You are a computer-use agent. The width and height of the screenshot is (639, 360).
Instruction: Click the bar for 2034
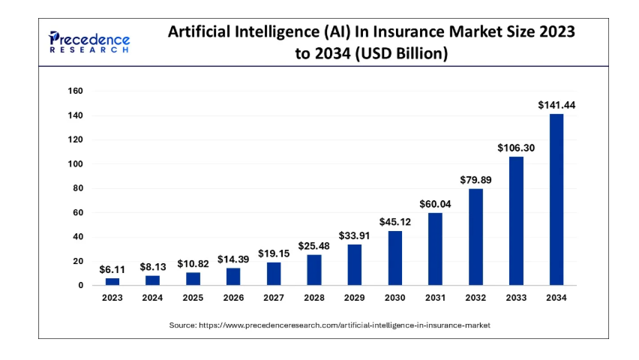pyautogui.click(x=556, y=199)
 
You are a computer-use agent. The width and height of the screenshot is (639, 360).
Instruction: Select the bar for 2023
pyautogui.click(x=112, y=281)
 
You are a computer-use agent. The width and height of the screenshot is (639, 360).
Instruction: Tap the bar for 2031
pyautogui.click(x=435, y=249)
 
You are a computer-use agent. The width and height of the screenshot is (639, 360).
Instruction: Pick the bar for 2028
pyautogui.click(x=313, y=270)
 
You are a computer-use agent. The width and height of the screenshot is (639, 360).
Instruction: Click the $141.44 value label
pyautogui.click(x=556, y=105)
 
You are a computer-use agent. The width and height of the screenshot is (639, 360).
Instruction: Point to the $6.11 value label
pyautogui.click(x=112, y=269)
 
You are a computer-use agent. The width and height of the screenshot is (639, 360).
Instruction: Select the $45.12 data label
pyautogui.click(x=394, y=222)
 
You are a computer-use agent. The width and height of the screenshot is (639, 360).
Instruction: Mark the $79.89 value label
pyautogui.click(x=475, y=179)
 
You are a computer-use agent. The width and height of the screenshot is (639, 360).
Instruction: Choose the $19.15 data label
pyautogui.click(x=274, y=253)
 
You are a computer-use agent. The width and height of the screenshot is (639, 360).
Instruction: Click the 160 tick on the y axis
pyautogui.click(x=76, y=91)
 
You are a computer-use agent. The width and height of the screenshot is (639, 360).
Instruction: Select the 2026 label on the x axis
pyautogui.click(x=233, y=298)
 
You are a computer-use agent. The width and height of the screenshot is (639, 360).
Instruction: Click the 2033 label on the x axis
pyautogui.click(x=515, y=298)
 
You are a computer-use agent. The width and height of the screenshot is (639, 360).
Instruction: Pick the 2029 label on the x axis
pyautogui.click(x=354, y=298)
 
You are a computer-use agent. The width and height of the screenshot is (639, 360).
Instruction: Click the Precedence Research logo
pyautogui.click(x=89, y=41)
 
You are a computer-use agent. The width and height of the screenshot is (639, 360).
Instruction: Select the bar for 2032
pyautogui.click(x=475, y=237)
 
